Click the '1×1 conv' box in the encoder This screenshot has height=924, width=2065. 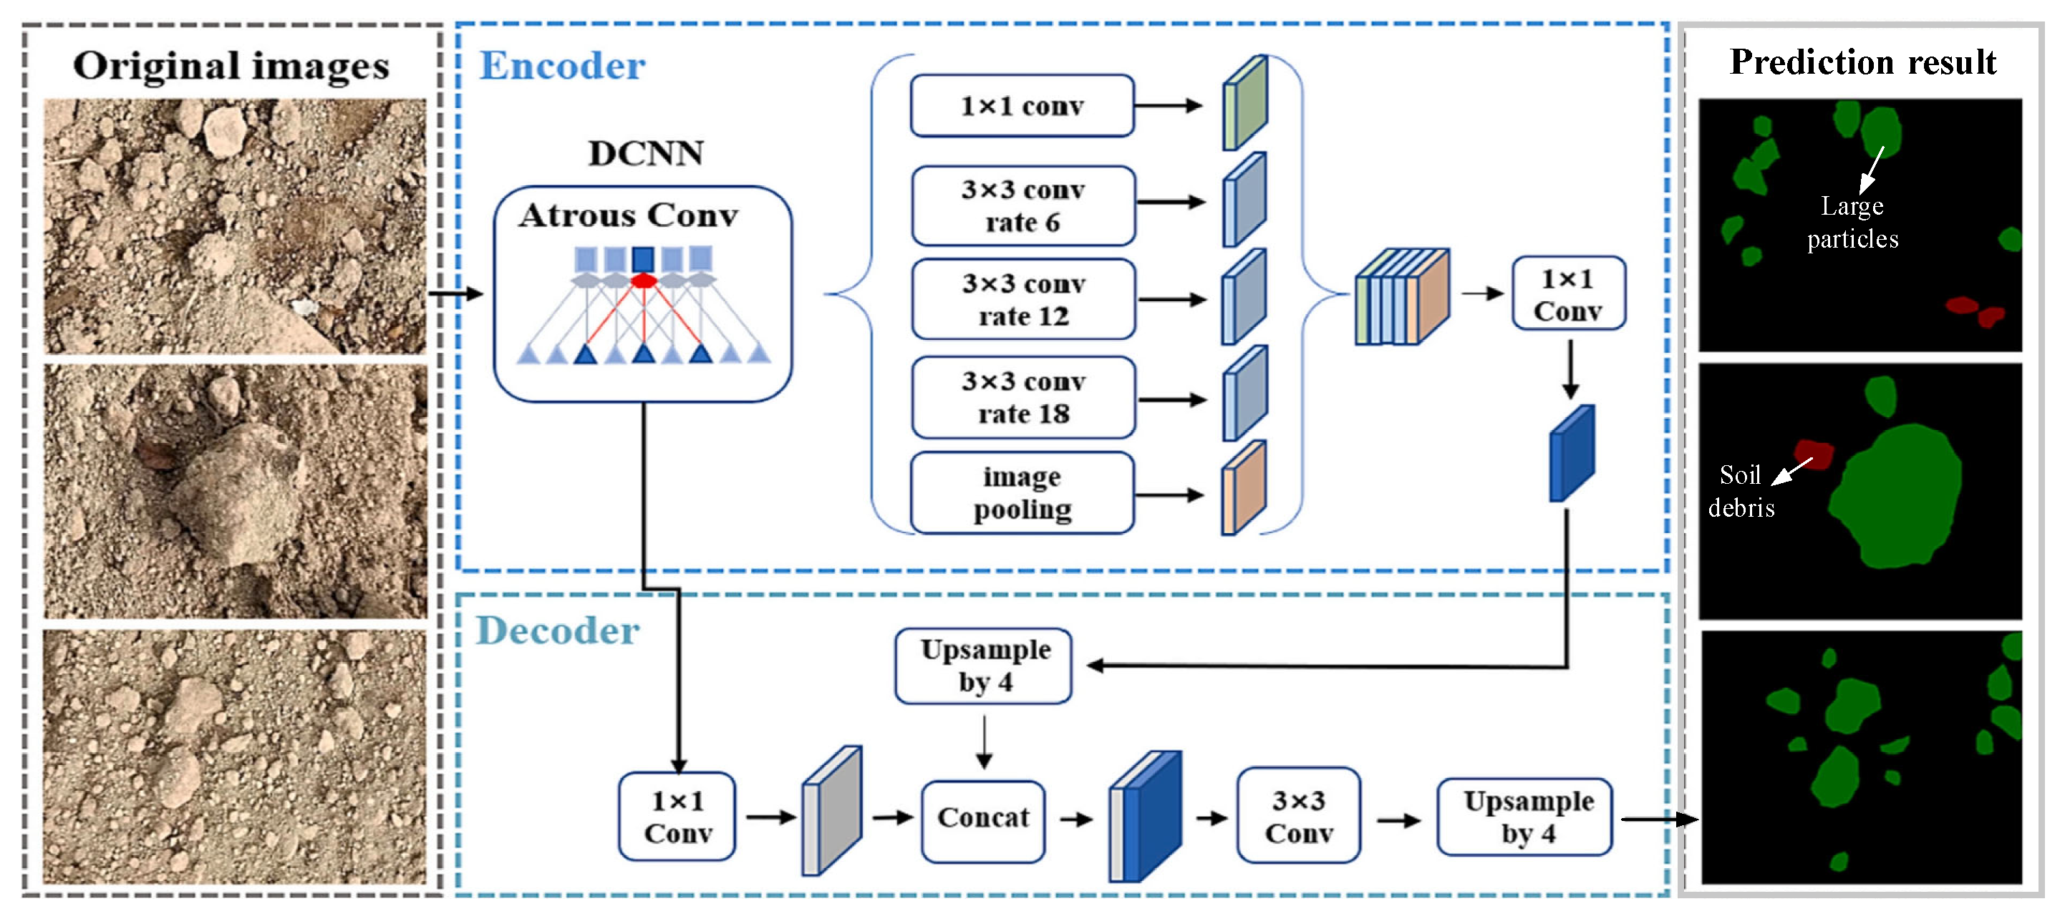1022,106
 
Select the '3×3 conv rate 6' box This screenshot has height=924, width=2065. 1023,205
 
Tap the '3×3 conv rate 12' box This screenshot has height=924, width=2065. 1024,300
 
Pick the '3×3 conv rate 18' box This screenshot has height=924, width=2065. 1024,397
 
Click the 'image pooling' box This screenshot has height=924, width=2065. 1022,493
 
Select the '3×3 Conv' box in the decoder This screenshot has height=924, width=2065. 1298,817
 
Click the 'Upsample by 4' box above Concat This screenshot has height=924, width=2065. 985,665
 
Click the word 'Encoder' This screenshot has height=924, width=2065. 562,66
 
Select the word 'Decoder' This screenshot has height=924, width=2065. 558,631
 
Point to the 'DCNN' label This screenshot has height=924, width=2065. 645,153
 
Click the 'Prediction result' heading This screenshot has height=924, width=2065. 1862,62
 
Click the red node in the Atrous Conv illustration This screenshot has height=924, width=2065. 644,281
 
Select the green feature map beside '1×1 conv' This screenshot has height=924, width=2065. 1244,102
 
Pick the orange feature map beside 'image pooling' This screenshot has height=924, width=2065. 1243,488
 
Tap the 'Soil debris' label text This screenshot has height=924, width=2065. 1741,491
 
